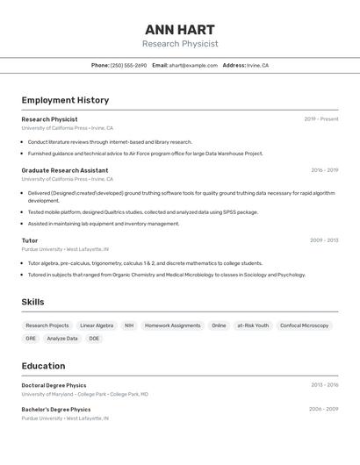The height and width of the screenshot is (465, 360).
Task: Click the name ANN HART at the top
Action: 180,29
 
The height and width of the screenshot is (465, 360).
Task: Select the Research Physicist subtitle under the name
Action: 180,44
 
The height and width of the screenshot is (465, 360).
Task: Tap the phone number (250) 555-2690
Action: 129,65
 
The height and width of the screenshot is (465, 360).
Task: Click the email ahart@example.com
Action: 193,65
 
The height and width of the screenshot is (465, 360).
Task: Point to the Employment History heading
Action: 65,100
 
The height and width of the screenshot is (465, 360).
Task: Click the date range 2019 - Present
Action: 321,119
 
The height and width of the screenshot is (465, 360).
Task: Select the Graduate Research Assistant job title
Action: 65,170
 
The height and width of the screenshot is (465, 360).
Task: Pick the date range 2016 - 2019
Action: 324,170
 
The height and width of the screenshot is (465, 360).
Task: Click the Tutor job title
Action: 30,240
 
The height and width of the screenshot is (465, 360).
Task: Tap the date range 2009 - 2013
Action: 324,240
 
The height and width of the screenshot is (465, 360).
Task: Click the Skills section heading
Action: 33,302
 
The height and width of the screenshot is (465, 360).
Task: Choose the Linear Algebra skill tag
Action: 97,325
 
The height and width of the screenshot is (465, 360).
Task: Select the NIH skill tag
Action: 129,325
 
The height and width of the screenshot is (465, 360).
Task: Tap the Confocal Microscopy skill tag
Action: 304,325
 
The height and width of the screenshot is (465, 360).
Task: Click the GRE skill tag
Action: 31,338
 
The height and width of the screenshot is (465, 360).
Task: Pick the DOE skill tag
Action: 94,338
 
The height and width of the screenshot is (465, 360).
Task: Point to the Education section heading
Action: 43,366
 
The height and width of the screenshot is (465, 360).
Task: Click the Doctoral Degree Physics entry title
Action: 54,385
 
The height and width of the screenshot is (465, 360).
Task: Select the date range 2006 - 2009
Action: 323,409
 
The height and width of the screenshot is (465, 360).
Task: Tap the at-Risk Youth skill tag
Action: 253,325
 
